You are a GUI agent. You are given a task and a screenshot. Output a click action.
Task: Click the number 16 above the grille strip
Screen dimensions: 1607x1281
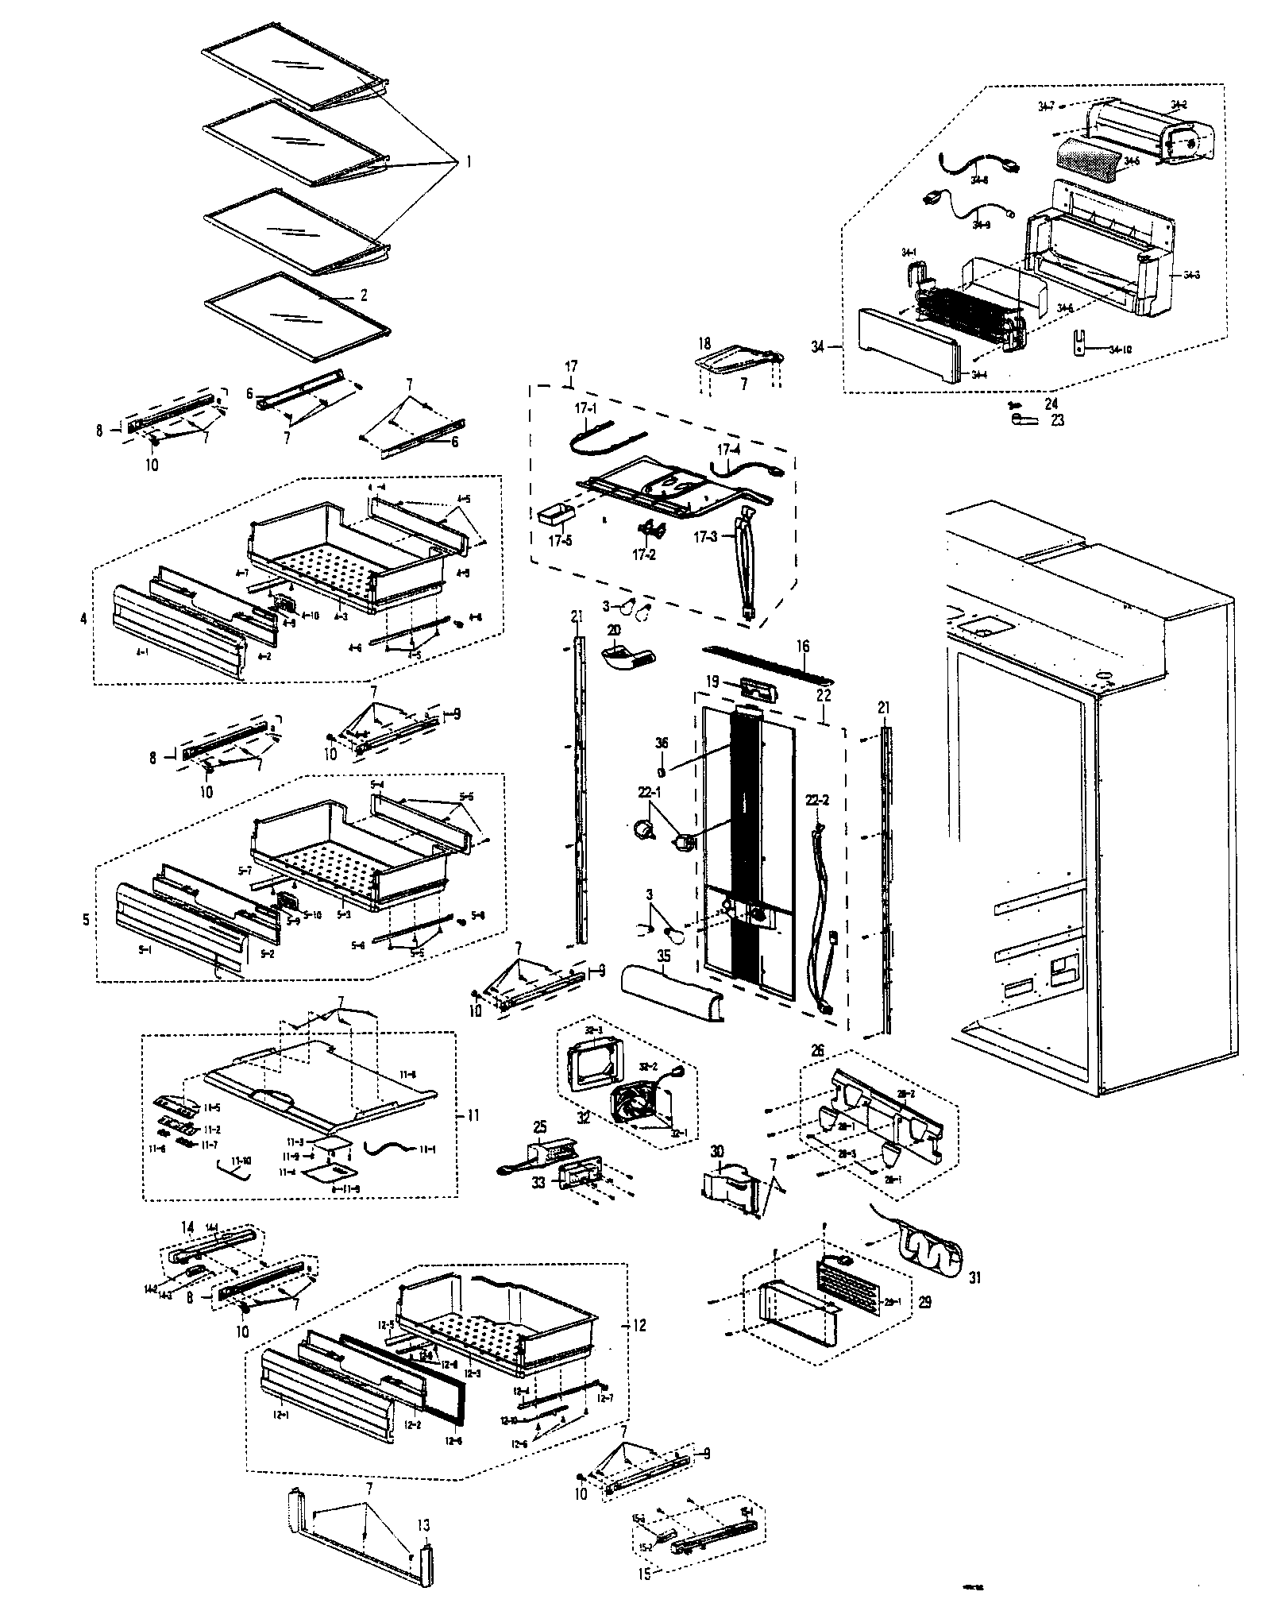804,646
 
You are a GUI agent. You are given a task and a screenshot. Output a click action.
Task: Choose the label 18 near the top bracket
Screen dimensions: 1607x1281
704,343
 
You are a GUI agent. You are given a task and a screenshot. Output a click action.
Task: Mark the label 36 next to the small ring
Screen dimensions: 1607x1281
662,743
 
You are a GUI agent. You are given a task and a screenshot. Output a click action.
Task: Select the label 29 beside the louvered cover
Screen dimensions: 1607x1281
924,1303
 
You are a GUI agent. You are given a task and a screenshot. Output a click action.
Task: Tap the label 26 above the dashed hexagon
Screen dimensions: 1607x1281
817,1050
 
